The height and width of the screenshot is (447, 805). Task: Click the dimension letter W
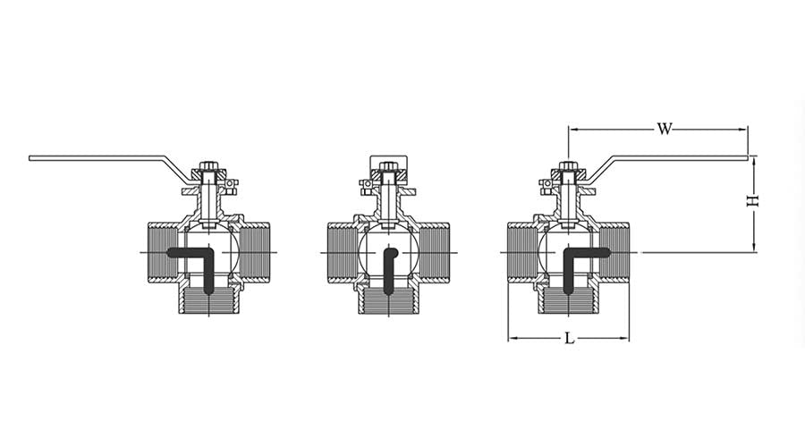[664, 130]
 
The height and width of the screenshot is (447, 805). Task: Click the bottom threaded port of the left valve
[209, 300]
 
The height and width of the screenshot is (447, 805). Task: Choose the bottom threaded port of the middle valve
[389, 300]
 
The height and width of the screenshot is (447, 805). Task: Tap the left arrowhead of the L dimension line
[513, 339]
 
